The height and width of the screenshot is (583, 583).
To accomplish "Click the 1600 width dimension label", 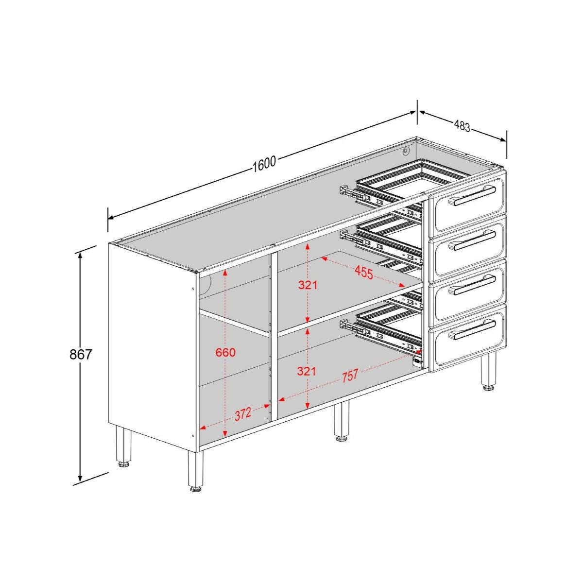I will pos(264,164).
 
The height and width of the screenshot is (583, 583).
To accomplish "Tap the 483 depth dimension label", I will pos(462,126).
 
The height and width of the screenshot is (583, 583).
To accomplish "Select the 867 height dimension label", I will pos(81,354).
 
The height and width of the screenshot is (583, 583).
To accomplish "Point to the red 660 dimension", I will pos(225,352).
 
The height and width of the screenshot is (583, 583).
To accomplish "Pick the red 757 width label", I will pos(350,376).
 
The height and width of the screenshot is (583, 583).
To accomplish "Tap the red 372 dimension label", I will pos(243,414).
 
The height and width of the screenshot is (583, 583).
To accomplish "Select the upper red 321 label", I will pos(308,285).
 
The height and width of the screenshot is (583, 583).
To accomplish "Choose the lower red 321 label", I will pos(307,372).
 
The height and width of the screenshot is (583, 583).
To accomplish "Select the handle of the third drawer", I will pos(471,285).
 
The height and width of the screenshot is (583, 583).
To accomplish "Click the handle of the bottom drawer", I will pos(471,329).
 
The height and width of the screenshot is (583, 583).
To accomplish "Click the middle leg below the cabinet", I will pos(342,421).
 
